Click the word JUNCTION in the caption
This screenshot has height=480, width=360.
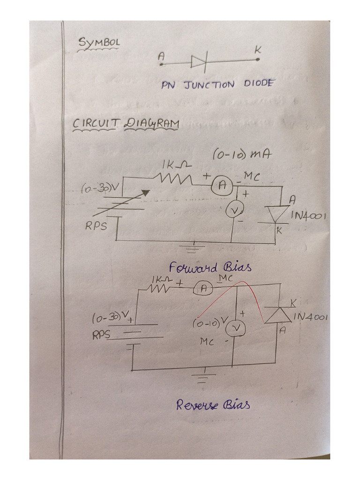pos(209,85)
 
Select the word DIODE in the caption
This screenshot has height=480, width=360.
pos(259,83)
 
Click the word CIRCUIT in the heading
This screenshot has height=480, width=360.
pos(95,123)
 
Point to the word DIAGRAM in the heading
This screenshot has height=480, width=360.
pos(151,124)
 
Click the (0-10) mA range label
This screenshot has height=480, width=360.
pos(242,155)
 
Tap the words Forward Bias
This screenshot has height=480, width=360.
pos(210,267)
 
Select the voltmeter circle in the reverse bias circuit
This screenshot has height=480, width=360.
pos(235,329)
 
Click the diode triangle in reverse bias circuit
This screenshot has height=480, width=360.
pos(278,315)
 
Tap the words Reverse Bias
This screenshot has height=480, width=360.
pos(213,405)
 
